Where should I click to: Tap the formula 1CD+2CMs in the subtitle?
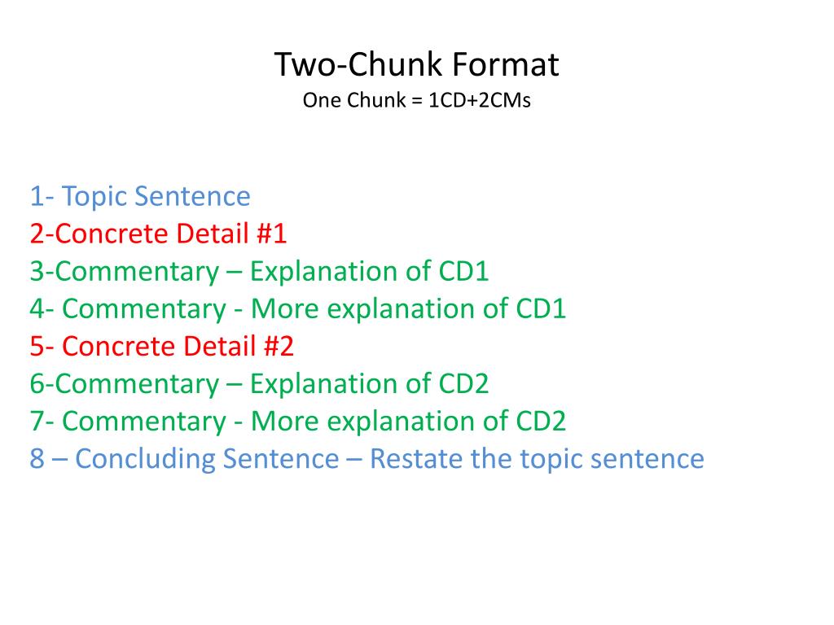[480, 101]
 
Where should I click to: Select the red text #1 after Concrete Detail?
[271, 234]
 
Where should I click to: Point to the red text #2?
[278, 346]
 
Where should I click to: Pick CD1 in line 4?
[541, 308]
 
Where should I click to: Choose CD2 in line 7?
[541, 421]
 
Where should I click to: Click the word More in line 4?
[283, 308]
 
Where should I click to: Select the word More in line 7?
[283, 421]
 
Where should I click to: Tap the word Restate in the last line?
[416, 458]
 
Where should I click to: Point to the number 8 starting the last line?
[37, 458]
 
